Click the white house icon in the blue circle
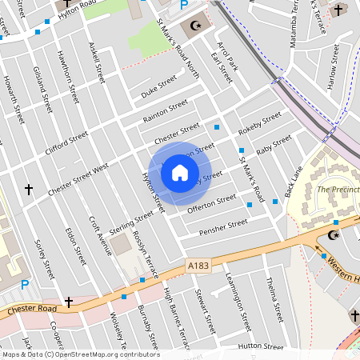click(180, 172)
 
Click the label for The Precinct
click(338, 190)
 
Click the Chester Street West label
click(78, 180)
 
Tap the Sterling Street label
click(130, 223)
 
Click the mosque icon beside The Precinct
click(334, 236)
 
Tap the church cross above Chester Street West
click(30, 190)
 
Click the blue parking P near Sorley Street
click(25, 285)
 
